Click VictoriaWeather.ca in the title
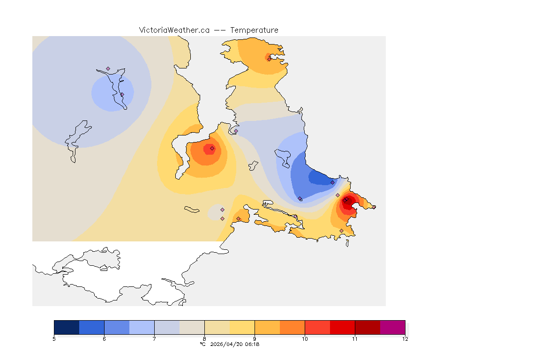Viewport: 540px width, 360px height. [x=174, y=30]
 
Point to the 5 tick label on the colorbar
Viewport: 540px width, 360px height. [x=54, y=339]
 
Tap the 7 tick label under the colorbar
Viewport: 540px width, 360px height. [x=154, y=339]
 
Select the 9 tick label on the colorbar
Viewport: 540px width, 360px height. [x=255, y=339]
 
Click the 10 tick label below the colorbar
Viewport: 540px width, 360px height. [x=305, y=339]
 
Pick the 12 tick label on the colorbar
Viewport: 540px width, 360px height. [x=405, y=339]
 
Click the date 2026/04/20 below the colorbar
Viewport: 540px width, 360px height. [x=227, y=344]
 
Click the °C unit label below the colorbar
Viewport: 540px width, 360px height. [x=202, y=344]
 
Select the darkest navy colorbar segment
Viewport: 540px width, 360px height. [x=67, y=327]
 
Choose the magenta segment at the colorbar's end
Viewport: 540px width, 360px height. [x=392, y=327]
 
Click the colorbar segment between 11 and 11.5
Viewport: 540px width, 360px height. [x=367, y=327]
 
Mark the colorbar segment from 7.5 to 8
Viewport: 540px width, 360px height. [x=192, y=327]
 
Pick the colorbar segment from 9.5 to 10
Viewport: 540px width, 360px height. [x=292, y=327]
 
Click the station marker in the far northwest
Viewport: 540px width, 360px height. [x=108, y=68]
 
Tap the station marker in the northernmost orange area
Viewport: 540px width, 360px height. [x=269, y=59]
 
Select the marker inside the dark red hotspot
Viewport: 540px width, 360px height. [x=345, y=200]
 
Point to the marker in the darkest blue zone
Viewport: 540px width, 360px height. [x=332, y=182]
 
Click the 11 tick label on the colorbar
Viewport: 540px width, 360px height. [x=355, y=339]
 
